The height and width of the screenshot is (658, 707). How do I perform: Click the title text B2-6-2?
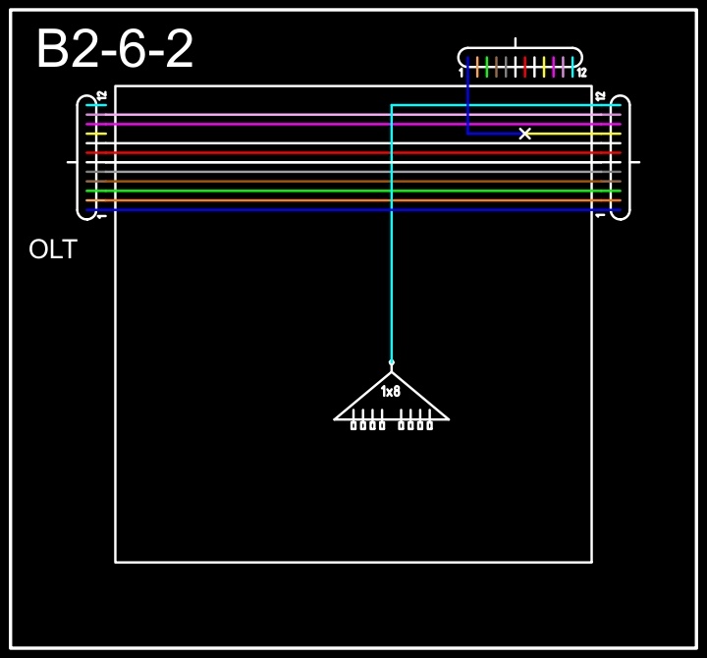(x=115, y=49)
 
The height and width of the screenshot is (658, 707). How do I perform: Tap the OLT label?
(x=53, y=249)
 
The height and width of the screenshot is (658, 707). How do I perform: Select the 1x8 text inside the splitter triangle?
(x=391, y=392)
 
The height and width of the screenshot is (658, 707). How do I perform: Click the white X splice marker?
(x=524, y=134)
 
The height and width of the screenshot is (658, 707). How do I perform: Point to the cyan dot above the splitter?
(x=392, y=362)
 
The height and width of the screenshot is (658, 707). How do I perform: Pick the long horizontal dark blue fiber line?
(x=353, y=210)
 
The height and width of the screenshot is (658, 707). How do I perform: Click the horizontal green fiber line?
(x=353, y=191)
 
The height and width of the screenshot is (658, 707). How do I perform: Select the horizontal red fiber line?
(x=353, y=153)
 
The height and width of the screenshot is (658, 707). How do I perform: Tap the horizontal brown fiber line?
(x=353, y=182)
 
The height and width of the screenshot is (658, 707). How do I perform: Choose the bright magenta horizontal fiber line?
(x=353, y=124)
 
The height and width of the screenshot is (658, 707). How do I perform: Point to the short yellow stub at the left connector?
(x=96, y=134)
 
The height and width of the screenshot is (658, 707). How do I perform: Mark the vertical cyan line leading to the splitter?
(x=392, y=233)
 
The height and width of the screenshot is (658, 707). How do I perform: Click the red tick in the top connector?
(x=524, y=67)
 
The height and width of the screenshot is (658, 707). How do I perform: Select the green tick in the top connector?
(x=486, y=67)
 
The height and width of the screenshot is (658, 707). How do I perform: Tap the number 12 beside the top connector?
(x=581, y=73)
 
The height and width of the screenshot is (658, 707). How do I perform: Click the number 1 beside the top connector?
(x=461, y=73)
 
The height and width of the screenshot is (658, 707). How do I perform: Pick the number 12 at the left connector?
(x=102, y=96)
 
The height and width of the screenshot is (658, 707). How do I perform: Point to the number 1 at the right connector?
(x=600, y=216)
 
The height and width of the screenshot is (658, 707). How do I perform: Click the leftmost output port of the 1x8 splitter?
(x=353, y=425)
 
